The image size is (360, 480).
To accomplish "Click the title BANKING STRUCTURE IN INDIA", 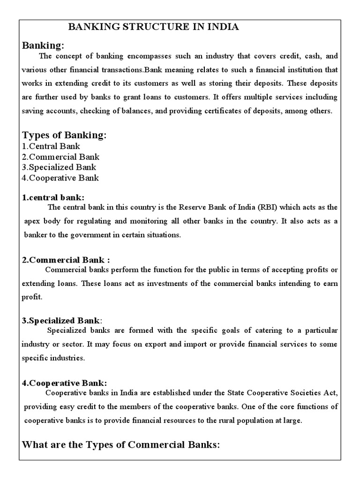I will tap(154, 27).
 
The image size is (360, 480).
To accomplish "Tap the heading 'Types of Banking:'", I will tap(64, 135).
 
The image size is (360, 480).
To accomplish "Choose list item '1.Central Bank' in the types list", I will tap(51, 146).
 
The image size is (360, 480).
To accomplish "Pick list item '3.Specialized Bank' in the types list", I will tap(59, 167).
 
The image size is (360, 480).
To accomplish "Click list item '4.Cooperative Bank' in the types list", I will tap(60, 178).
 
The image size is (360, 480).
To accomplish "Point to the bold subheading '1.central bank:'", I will tap(53, 197).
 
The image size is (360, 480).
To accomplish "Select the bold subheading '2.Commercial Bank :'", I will tap(66, 260).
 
